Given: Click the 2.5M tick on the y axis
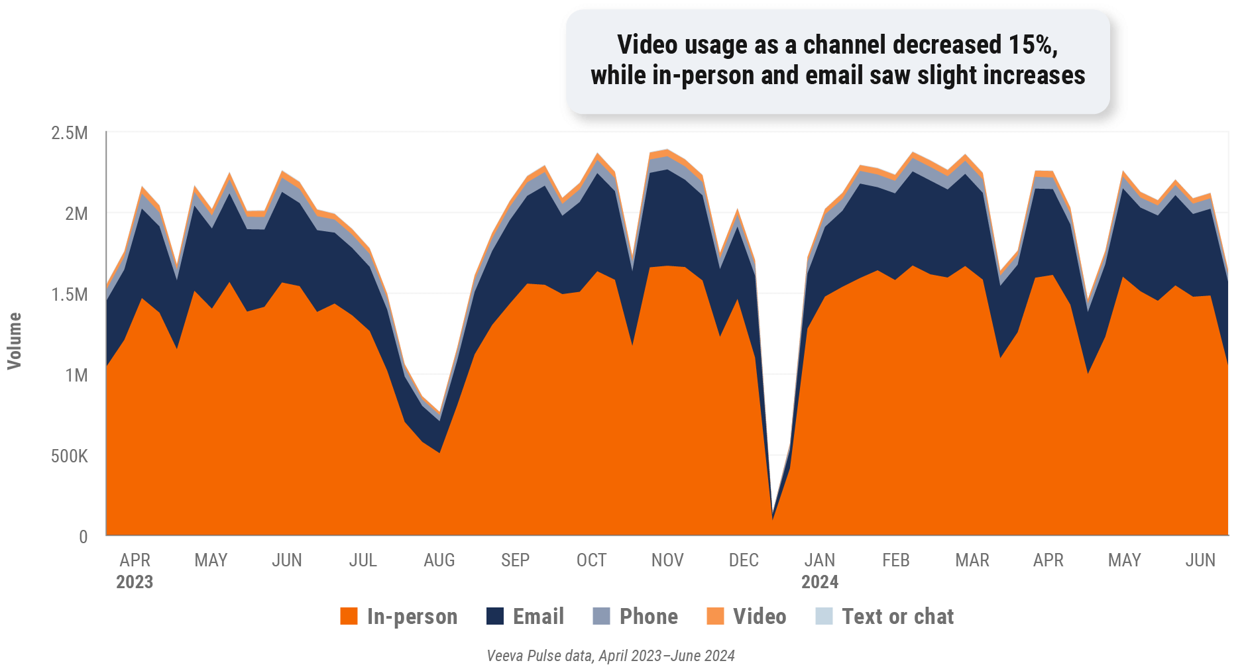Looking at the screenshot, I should point(70,133).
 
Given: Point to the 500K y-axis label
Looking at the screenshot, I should point(70,456).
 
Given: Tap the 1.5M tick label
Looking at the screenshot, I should point(70,295).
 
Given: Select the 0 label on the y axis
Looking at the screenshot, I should point(83,537).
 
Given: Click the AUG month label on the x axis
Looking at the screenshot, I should point(439,560).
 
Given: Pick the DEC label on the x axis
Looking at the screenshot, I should point(743,560).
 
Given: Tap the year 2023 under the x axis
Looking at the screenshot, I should point(135,582).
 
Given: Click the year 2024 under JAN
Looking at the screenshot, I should point(820,582).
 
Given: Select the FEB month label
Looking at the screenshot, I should point(896,560).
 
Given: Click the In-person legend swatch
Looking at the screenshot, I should point(349,617).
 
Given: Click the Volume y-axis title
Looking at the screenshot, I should point(15,340).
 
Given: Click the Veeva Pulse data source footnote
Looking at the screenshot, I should point(610,656).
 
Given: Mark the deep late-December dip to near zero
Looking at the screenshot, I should point(773,517).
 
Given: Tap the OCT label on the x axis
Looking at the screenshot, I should point(591,560).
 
